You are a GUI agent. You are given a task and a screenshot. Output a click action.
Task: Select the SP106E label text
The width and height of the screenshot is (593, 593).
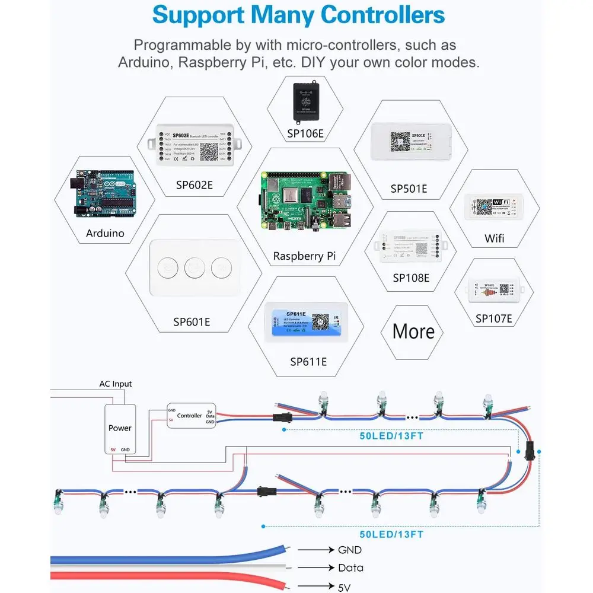click(x=305, y=134)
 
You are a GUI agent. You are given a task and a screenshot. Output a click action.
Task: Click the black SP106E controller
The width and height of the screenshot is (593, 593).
click(x=306, y=98)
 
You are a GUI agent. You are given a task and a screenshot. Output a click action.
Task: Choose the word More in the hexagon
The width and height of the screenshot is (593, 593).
click(x=414, y=331)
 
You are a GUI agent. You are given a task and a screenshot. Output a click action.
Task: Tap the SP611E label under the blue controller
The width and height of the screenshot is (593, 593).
click(x=308, y=361)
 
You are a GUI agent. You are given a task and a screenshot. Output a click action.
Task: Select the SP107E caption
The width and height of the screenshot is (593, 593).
click(x=493, y=319)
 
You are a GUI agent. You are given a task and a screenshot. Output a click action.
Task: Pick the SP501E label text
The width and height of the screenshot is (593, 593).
click(x=409, y=189)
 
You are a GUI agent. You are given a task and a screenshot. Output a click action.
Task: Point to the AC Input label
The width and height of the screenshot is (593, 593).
click(x=116, y=384)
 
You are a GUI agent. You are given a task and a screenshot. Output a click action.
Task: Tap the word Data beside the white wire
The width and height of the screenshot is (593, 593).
click(x=350, y=568)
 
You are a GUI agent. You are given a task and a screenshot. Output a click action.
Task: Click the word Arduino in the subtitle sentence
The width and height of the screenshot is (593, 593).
click(x=143, y=62)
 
